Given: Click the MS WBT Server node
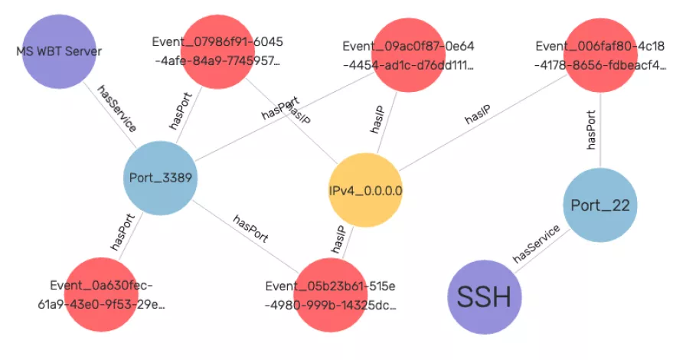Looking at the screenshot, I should (x=58, y=51).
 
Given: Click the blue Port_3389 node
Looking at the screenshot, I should (x=160, y=178).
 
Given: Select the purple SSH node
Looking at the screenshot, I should (x=483, y=297).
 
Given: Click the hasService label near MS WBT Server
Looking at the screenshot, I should (x=116, y=107).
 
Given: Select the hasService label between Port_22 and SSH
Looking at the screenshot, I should (x=537, y=244).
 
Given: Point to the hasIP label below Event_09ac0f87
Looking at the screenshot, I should (x=377, y=121).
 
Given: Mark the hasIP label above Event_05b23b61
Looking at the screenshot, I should (x=338, y=240).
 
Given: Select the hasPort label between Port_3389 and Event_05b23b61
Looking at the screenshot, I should (x=250, y=227).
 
